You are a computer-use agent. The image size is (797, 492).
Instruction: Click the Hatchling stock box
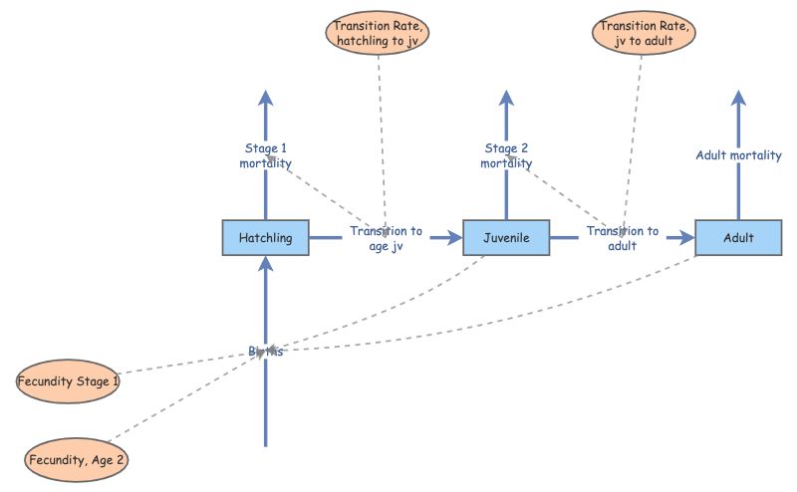(x=265, y=238)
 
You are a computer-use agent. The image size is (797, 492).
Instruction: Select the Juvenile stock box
(x=506, y=238)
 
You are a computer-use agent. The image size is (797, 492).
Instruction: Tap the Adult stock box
(x=738, y=238)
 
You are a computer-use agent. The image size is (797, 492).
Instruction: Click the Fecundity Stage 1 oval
(x=69, y=381)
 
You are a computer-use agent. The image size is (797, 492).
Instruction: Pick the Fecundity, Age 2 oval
(x=77, y=461)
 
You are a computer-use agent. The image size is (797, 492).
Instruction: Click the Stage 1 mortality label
(x=265, y=156)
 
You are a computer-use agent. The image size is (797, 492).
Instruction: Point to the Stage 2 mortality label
(x=506, y=156)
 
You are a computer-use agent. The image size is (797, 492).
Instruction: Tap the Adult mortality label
(x=738, y=155)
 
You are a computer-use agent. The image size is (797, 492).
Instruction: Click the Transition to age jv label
(x=386, y=239)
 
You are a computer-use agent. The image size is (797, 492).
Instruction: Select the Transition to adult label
(x=622, y=239)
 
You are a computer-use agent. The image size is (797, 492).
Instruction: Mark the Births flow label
(x=265, y=352)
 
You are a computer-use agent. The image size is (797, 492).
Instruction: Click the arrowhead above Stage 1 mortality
(x=265, y=97)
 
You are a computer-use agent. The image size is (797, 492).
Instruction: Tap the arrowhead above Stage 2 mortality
(x=506, y=97)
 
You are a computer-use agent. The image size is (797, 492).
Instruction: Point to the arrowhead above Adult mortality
(x=738, y=97)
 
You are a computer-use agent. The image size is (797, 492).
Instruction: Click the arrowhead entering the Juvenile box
(x=455, y=238)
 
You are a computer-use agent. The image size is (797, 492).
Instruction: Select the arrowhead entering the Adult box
(x=686, y=238)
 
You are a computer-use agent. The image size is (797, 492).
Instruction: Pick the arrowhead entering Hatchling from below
(x=265, y=263)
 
